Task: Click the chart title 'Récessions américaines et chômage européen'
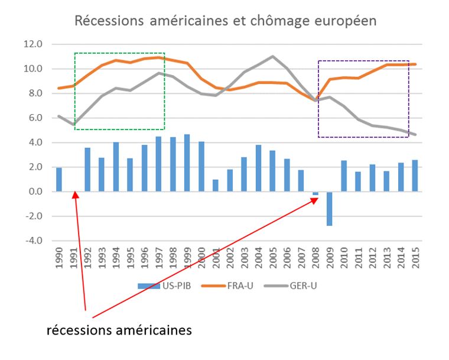225,21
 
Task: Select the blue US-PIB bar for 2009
329,209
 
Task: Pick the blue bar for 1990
59,180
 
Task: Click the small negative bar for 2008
315,193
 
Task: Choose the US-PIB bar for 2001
215,186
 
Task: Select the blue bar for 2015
414,176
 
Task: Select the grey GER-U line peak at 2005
272,57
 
